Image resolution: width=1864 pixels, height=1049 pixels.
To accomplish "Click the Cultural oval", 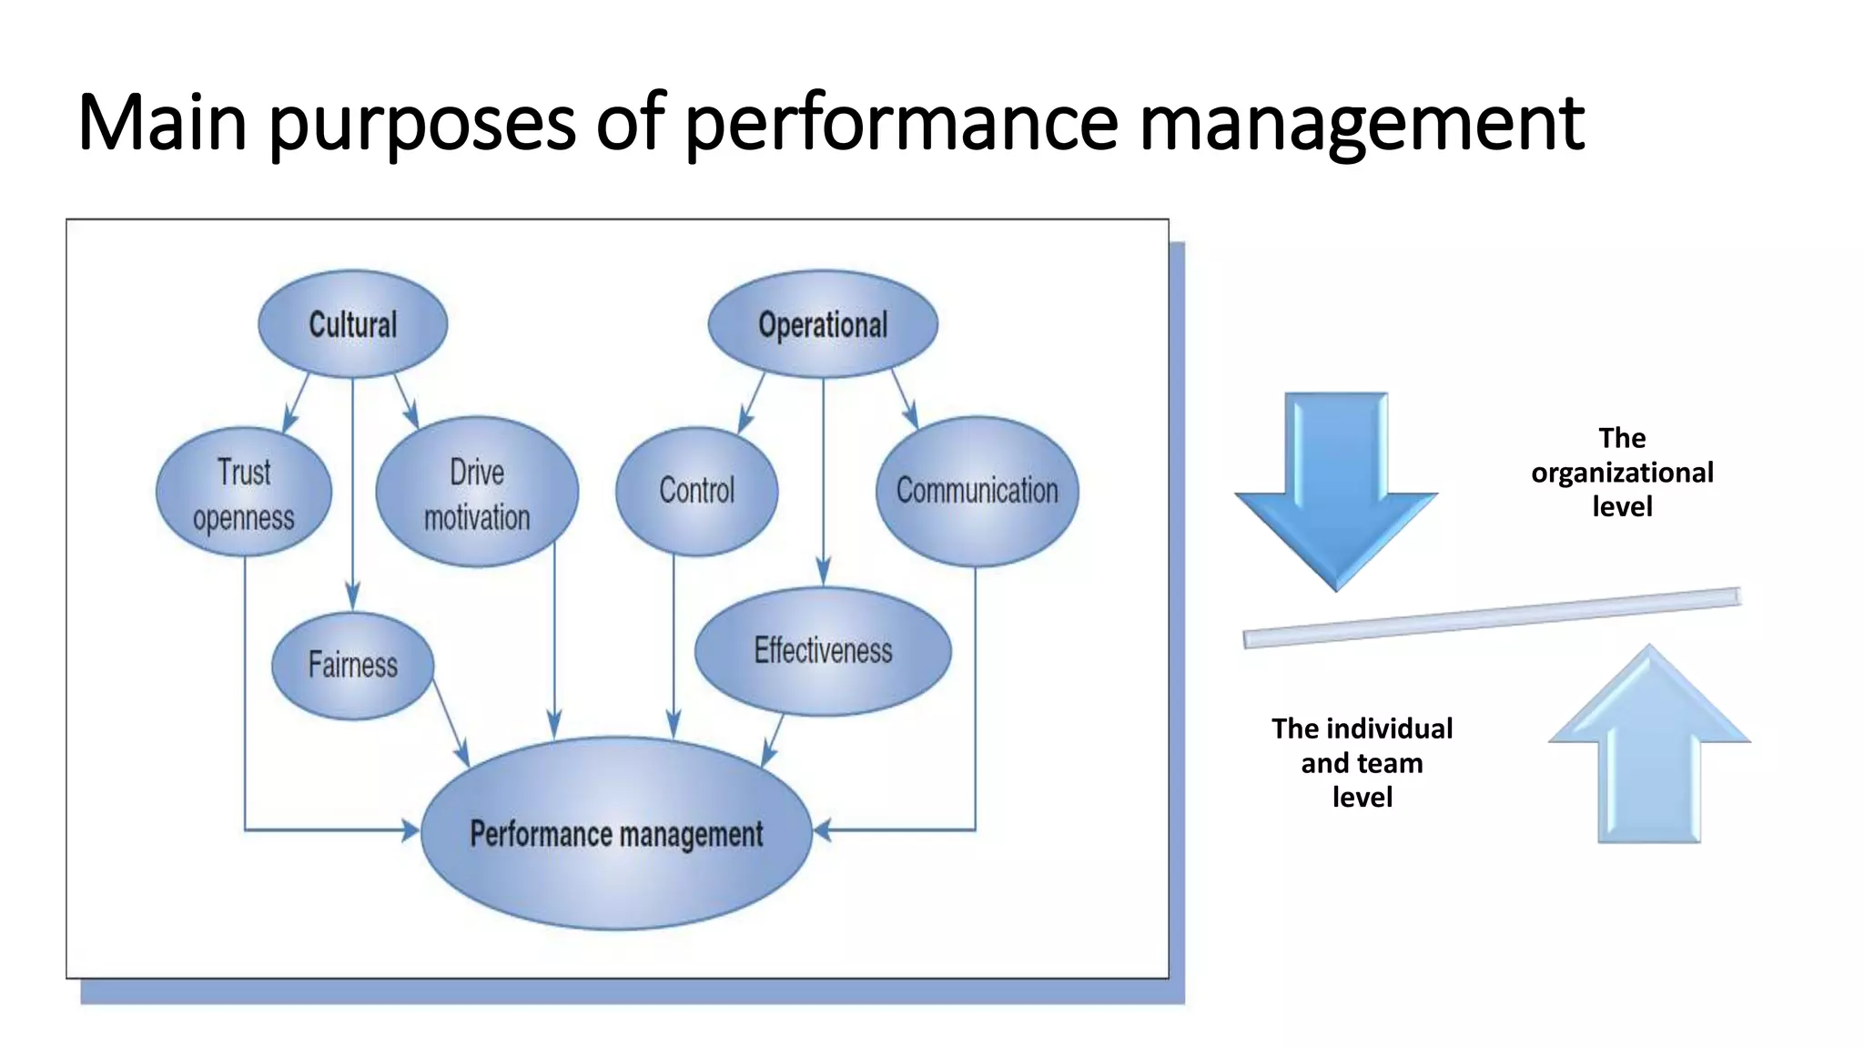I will tap(353, 324).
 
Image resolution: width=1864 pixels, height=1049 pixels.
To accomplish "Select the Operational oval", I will tap(823, 324).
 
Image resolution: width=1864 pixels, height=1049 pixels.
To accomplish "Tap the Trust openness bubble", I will tap(244, 494).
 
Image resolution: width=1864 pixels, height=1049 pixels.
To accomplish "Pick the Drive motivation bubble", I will tap(477, 494).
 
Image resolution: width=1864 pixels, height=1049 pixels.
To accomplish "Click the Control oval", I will tap(696, 491).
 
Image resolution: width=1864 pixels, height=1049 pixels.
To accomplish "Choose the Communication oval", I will tap(977, 491).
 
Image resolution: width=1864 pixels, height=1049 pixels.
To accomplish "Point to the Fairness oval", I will tap(353, 665).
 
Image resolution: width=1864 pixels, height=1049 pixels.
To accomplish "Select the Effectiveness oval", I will tap(823, 651).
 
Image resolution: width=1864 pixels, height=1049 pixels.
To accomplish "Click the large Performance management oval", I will tap(616, 833).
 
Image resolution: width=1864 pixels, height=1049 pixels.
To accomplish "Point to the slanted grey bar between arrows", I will tap(1493, 617).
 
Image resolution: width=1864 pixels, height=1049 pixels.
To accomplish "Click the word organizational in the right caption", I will tap(1622, 473).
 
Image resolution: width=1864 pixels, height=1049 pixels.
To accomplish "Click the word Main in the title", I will tap(163, 122).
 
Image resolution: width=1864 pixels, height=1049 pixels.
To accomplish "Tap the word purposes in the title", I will tap(422, 122).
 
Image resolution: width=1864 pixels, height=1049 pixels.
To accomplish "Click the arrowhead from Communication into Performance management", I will tap(822, 830).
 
